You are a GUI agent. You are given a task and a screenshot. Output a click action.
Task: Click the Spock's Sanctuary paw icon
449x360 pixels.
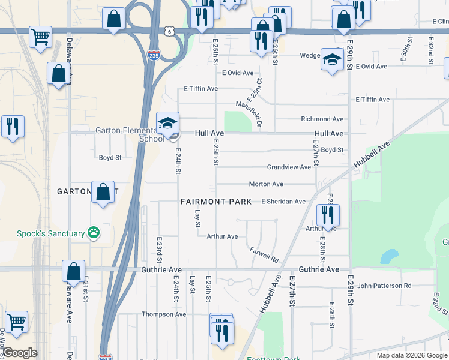click(93, 233)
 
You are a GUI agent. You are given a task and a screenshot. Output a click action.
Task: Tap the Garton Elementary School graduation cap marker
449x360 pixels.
click(167, 124)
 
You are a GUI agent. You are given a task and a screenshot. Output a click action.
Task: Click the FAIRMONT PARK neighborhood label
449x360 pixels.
click(216, 202)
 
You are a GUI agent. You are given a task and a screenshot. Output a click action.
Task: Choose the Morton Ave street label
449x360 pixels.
click(266, 184)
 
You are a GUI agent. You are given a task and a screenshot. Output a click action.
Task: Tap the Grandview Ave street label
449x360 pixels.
click(289, 167)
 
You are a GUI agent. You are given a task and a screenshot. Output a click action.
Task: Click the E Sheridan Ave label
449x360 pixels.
click(283, 202)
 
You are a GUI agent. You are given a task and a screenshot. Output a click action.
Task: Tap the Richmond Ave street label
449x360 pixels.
click(322, 119)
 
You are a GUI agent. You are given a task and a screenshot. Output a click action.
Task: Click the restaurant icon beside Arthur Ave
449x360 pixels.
click(328, 215)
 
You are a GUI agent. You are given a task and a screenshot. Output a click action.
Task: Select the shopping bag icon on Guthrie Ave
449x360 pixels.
click(73, 271)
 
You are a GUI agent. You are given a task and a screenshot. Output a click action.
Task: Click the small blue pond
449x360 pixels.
click(389, 257)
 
